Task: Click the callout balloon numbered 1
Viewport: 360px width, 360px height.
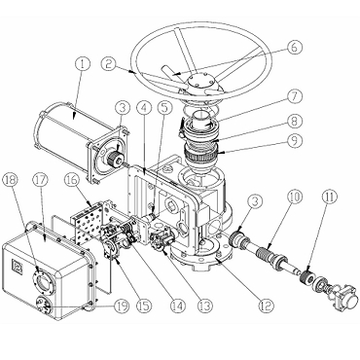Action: pos(83,63)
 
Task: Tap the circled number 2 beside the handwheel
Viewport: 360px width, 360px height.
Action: pos(109,63)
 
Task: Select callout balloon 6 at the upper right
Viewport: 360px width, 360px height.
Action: pos(294,47)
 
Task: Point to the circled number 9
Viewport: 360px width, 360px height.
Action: pos(295,141)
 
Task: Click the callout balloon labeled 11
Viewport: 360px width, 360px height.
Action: pos(330,197)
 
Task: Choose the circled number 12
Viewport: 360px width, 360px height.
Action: pos(266,306)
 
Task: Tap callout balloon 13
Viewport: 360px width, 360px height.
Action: pos(205,306)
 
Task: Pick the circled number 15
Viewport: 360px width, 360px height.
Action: pos(144,306)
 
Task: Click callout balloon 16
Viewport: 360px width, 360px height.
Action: pos(72,179)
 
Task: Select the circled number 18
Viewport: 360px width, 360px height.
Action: pos(11,180)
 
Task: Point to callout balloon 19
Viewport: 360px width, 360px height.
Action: pos(122,306)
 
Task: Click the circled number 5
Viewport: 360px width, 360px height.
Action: pos(164,108)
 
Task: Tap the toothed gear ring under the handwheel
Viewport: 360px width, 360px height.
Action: pos(199,155)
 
